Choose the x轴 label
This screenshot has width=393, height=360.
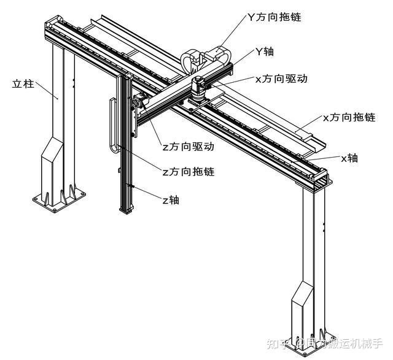pyautogui.click(x=350, y=158)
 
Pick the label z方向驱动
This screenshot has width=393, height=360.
pyautogui.click(x=188, y=147)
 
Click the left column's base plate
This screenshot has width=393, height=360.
pyautogui.click(x=56, y=200)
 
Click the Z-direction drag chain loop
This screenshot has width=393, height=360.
pyautogui.click(x=113, y=126)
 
